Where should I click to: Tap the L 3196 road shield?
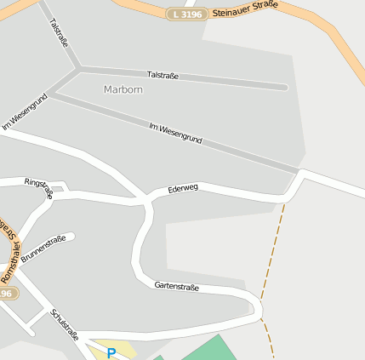tap(186, 14)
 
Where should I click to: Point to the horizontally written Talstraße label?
tap(163, 76)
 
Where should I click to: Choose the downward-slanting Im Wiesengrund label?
tap(175, 133)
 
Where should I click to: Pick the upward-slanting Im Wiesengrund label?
tap(24, 111)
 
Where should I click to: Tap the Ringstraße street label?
tap(38, 187)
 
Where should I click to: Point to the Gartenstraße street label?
tap(177, 287)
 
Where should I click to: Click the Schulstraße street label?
tap(65, 323)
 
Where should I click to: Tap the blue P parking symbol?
tap(111, 352)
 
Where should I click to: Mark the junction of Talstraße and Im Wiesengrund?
tap(78, 67)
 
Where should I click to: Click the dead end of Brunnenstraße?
tap(71, 236)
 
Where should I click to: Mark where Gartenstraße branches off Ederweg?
tap(148, 202)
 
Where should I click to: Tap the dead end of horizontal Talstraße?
tap(284, 86)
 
